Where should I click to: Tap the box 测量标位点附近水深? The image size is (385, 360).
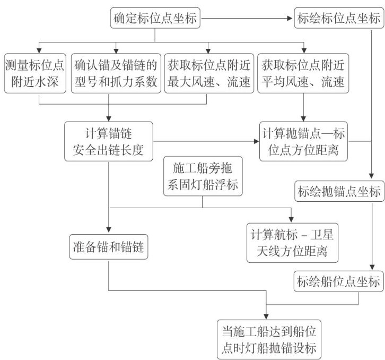point(34,73)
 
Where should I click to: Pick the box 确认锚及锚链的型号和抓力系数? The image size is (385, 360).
point(115,73)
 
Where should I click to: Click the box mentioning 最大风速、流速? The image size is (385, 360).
point(207,73)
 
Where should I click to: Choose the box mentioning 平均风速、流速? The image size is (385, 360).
point(303,73)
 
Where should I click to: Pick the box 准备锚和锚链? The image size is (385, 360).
point(109,246)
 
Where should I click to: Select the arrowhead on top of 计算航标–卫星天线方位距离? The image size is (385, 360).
point(292,220)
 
